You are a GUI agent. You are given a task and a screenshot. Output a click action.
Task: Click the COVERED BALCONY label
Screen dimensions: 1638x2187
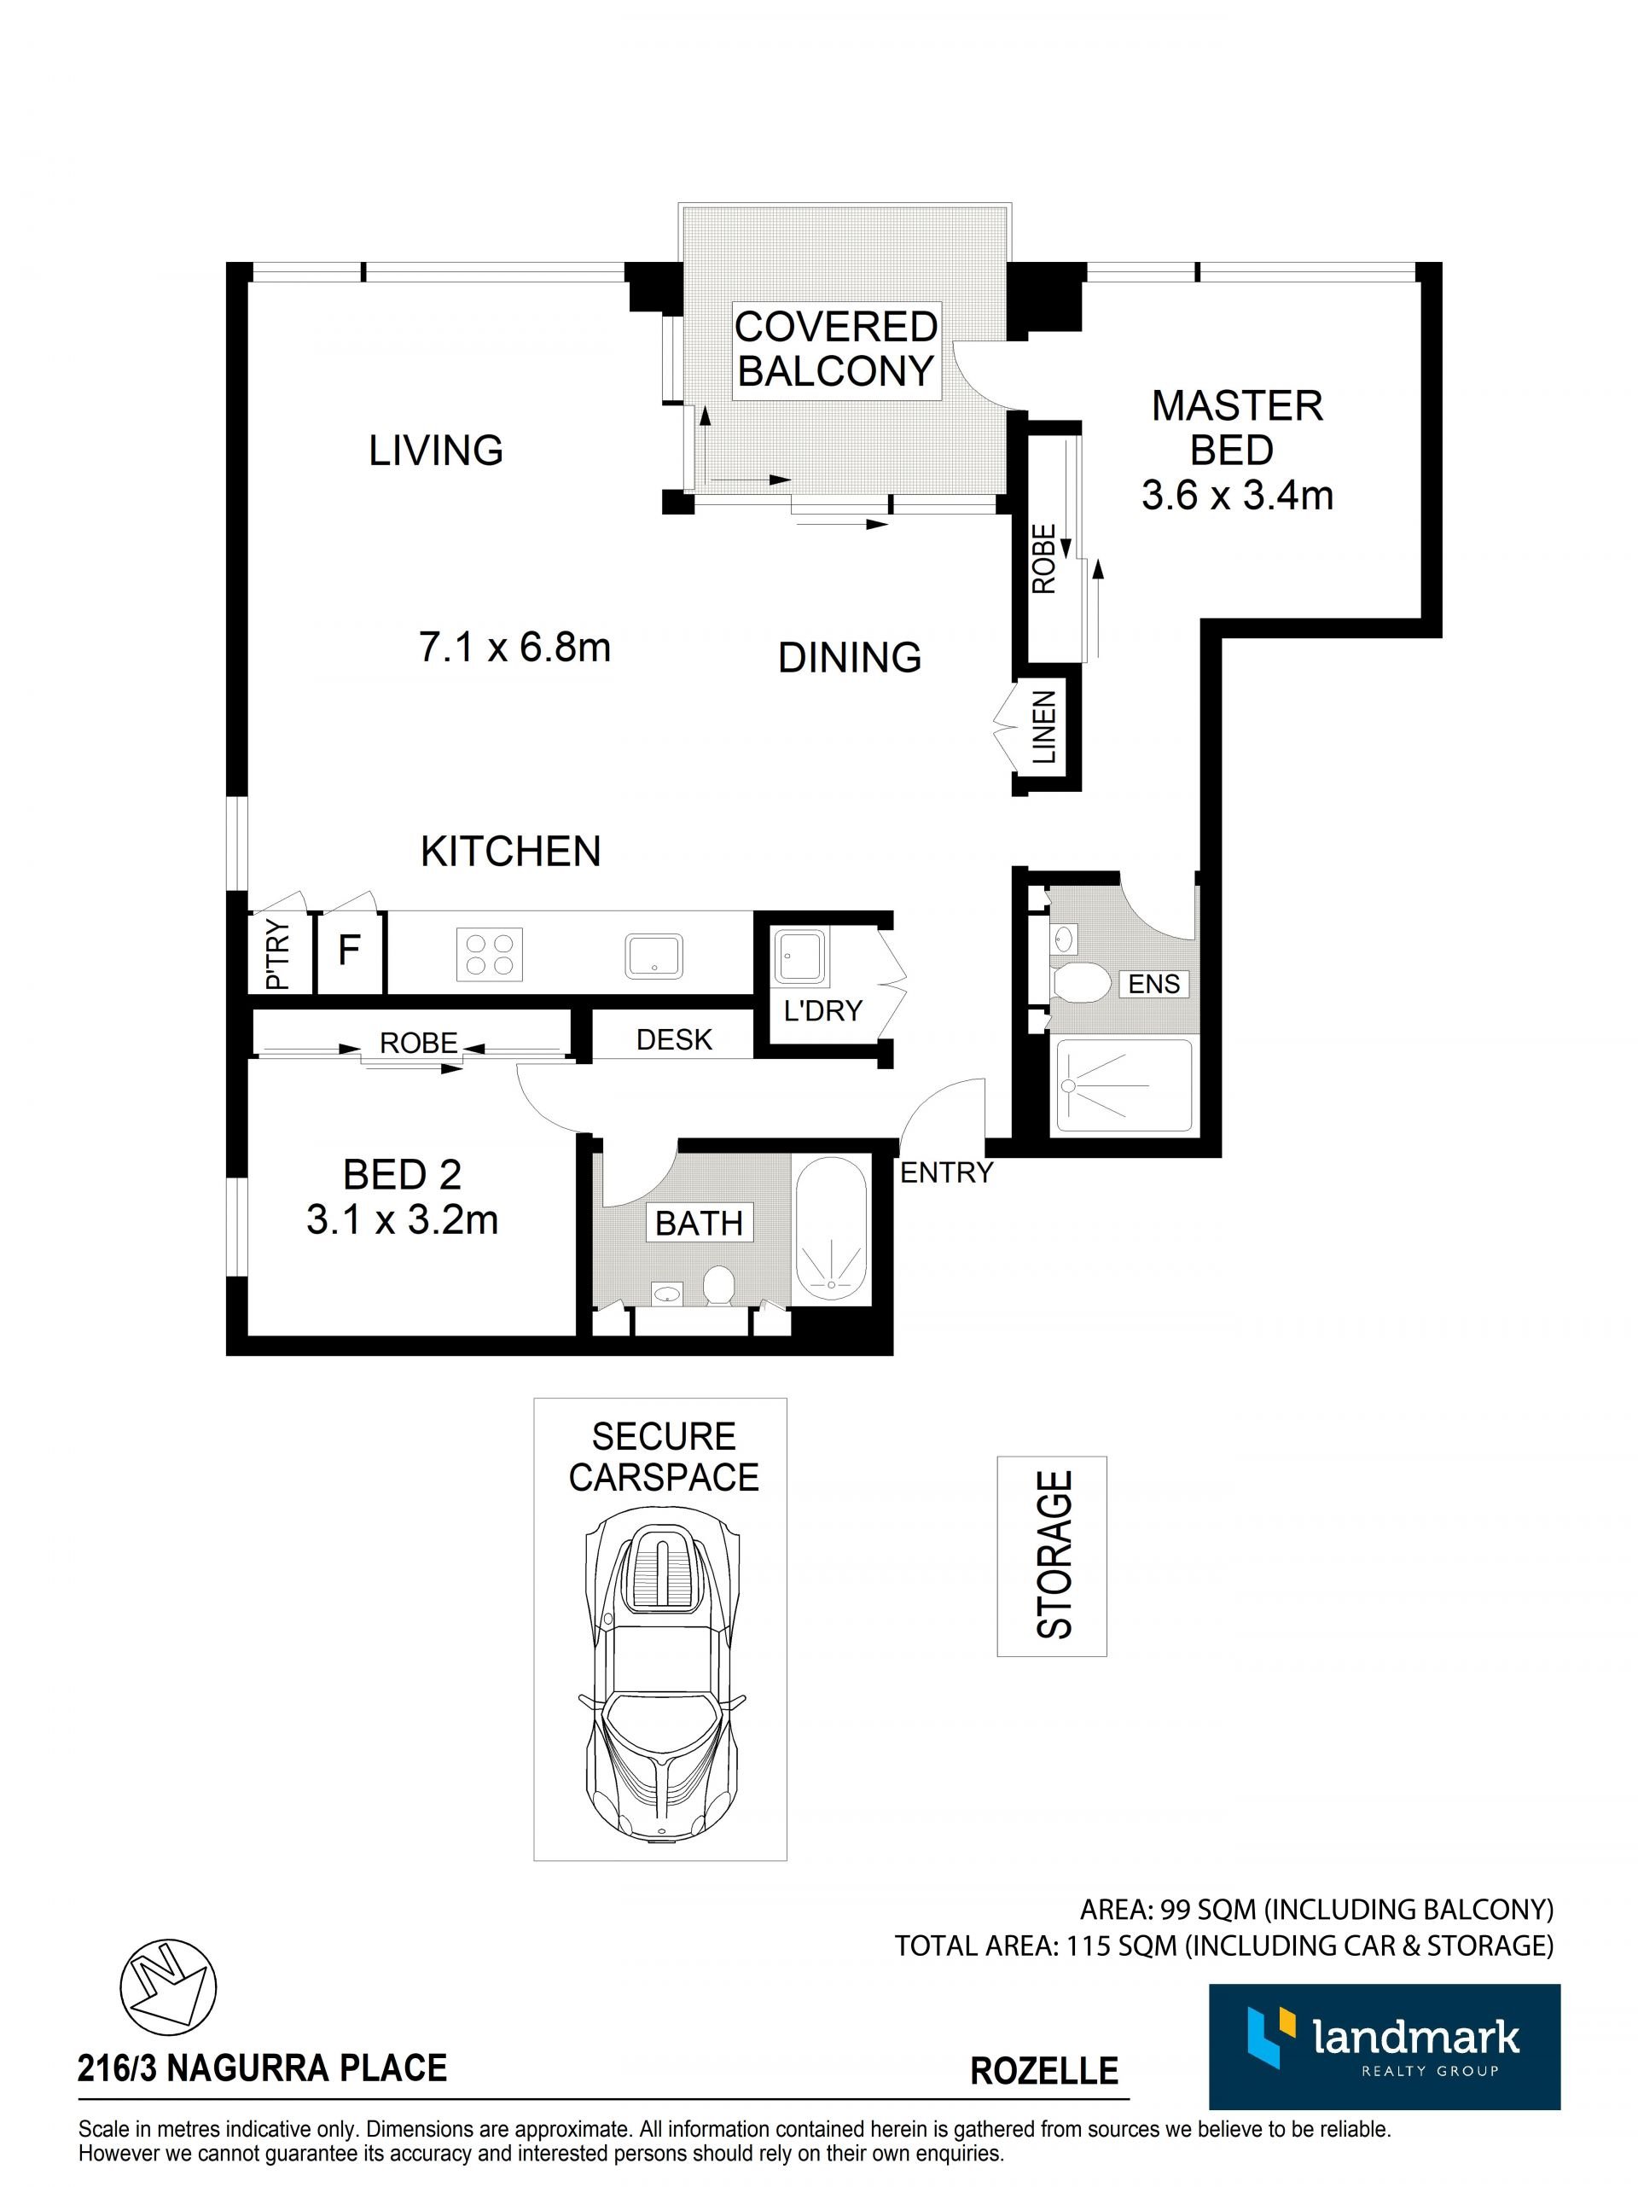point(835,349)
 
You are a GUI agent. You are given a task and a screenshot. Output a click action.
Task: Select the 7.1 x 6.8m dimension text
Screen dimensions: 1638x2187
point(515,648)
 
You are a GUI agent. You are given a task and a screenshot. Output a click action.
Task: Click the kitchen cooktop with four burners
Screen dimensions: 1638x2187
point(490,954)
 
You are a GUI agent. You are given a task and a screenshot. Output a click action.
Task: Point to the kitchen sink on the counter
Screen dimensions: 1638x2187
point(653,955)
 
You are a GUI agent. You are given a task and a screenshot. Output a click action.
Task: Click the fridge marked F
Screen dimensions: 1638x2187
point(349,951)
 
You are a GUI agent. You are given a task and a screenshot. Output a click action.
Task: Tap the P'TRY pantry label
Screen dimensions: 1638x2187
point(278,954)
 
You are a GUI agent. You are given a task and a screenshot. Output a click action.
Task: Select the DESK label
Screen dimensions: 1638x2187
point(674,1039)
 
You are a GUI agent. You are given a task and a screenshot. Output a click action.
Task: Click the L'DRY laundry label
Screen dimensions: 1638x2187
point(822,1009)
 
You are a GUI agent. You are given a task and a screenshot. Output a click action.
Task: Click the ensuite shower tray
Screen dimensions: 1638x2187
point(1124,1085)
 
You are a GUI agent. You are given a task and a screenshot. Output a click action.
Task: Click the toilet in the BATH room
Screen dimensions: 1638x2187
point(718,1285)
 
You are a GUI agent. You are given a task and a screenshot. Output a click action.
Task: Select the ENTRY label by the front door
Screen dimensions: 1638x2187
point(946,1172)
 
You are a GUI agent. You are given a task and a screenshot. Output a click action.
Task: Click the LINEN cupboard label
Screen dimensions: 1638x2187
point(1045,728)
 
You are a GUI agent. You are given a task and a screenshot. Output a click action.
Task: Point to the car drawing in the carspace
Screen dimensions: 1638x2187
point(660,1676)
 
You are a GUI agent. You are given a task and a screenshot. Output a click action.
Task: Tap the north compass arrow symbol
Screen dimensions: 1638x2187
point(167,1988)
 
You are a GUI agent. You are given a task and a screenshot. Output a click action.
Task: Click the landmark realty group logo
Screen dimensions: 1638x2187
point(1384,2046)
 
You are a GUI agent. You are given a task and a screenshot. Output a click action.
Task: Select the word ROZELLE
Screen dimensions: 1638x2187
point(1044,2069)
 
